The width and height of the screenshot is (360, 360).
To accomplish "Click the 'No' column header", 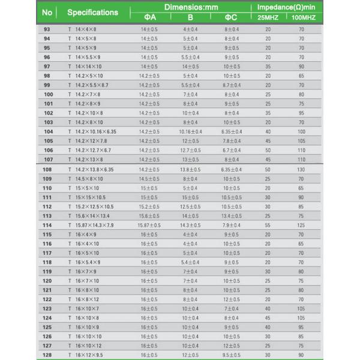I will tap(47, 12).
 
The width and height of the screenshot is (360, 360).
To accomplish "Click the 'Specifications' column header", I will tap(92, 12).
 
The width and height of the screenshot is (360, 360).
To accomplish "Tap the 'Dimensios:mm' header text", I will tap(191, 7).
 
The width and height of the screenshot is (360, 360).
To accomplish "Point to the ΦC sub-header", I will tap(232, 17).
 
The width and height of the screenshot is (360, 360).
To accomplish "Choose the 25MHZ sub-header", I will tap(268, 17).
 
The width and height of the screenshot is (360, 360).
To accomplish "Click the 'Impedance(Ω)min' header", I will tap(286, 7).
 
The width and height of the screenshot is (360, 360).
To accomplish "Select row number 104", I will tap(49, 131).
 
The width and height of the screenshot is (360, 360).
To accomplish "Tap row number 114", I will tap(49, 225).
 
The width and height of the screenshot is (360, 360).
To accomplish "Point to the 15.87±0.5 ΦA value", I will tap(149, 225).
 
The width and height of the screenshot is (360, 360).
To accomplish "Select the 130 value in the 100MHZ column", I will tap(301, 170).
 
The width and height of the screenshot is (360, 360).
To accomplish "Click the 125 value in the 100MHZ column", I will tap(301, 225).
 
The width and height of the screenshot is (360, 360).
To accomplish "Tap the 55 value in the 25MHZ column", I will tap(268, 225).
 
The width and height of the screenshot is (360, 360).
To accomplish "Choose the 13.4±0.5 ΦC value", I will tap(232, 215).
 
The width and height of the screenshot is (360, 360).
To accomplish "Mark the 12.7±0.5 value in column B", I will tap(190, 150).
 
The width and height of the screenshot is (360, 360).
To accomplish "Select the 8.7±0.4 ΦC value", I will tap(232, 85).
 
